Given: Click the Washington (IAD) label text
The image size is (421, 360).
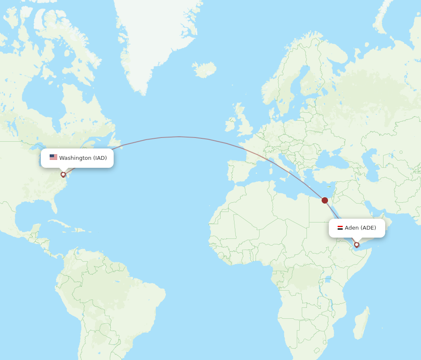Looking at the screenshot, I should coord(83,158).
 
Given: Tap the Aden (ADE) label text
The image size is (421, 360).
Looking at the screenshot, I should coord(360,228).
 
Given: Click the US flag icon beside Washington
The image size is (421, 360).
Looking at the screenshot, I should coord(53,157).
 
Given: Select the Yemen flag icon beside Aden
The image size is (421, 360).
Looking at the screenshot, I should coord(340,228).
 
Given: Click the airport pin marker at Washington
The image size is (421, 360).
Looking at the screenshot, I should coord(63,174).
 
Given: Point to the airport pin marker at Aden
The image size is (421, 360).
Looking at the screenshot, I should coord(357,244).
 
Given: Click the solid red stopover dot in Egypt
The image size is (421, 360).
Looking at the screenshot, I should coord(325,200).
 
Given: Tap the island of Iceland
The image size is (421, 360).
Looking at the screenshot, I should coord(205,69).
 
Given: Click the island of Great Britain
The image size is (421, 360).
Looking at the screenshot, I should coord(243,124).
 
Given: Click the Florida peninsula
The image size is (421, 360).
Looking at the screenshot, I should coord(53,206).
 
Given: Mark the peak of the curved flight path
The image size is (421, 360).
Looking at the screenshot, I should coord(179,137).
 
